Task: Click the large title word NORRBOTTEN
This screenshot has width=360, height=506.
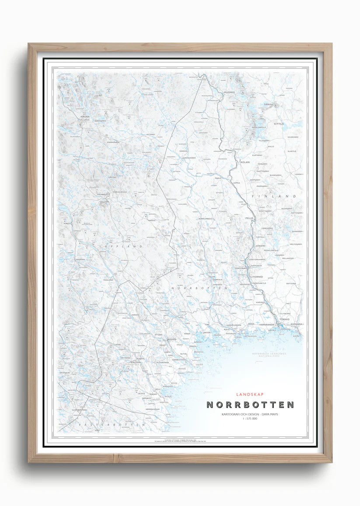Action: point(250,405)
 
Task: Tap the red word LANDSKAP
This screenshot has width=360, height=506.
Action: point(249,394)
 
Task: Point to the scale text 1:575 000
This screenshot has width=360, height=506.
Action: point(250,419)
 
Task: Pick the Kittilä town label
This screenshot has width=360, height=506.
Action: point(279,124)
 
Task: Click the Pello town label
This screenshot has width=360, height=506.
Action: point(249,217)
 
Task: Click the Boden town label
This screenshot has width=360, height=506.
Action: point(171,340)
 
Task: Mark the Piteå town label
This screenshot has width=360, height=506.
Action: point(169,397)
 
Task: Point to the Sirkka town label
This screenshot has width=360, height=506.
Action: point(268,105)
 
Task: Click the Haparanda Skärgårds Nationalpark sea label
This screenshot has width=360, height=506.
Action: point(269,355)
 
